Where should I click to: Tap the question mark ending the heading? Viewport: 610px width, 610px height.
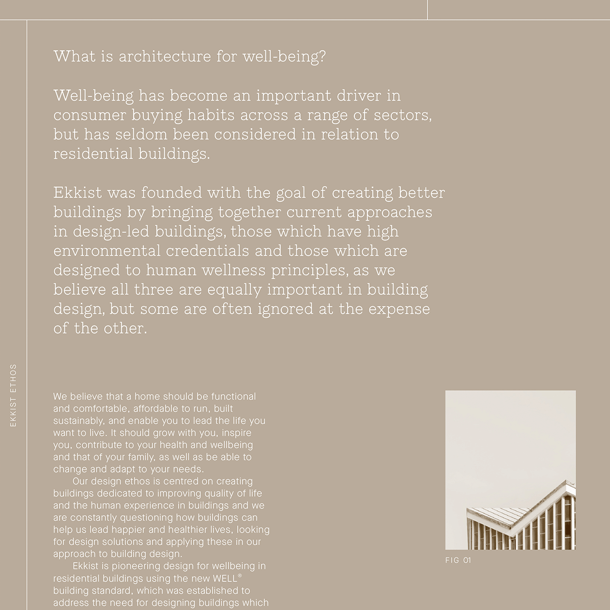point(322,56)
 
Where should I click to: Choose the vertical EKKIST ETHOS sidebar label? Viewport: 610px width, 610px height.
point(14,395)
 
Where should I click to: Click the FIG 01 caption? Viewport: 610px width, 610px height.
point(458,561)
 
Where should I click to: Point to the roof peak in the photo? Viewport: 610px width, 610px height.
point(567,484)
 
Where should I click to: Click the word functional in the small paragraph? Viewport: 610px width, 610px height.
point(233,396)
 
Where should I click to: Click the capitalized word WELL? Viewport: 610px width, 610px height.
point(225,579)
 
